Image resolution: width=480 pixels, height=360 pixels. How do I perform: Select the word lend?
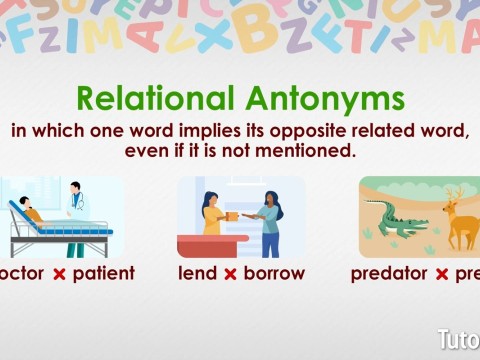coord(197,273)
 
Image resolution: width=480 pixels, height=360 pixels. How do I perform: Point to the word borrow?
coord(275,273)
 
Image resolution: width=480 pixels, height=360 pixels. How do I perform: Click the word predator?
coord(389,273)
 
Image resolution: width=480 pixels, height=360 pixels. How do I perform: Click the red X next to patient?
coord(59,274)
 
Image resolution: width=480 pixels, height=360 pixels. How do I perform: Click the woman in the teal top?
coord(271,221)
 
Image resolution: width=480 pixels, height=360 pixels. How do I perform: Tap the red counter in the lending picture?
coord(212,244)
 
